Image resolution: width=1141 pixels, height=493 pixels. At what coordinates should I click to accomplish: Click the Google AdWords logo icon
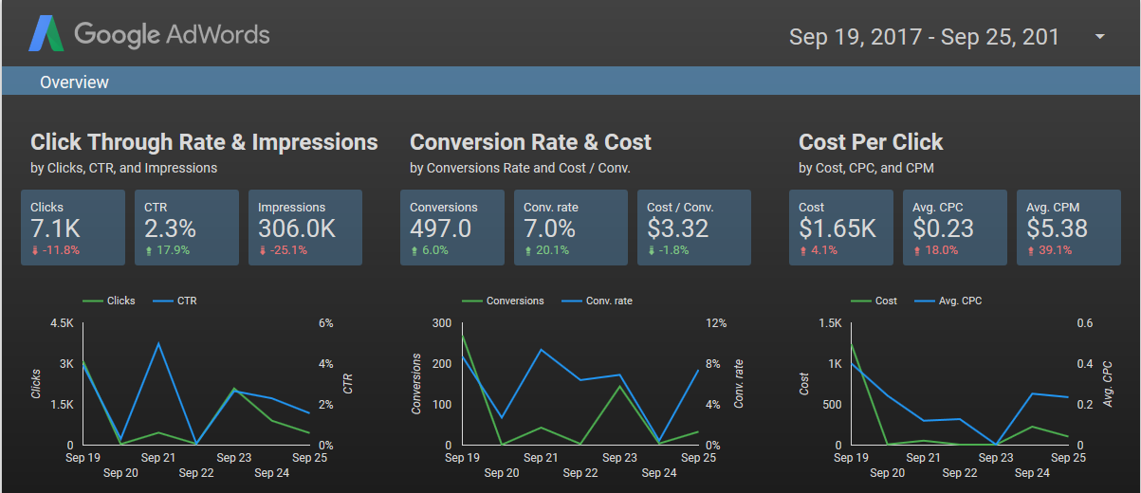click(x=46, y=35)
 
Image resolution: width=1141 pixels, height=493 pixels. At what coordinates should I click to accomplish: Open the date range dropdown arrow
click(x=1100, y=37)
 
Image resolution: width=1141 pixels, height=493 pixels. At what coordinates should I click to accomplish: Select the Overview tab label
click(x=74, y=82)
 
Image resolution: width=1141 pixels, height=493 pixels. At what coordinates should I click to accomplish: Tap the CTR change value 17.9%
click(x=172, y=250)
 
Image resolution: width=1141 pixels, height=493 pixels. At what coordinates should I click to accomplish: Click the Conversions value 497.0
click(x=441, y=228)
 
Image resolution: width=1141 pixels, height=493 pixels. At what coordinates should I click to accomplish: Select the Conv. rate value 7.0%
click(x=550, y=228)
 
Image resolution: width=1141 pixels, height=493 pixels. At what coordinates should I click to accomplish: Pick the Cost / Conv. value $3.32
click(x=678, y=228)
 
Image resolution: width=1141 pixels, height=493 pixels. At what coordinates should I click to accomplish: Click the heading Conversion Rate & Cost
click(x=530, y=142)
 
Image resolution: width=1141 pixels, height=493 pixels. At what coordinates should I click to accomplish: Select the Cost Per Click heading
click(x=871, y=142)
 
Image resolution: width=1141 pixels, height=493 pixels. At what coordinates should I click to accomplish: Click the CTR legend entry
click(x=186, y=301)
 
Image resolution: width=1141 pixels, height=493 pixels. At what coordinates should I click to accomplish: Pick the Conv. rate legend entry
click(x=608, y=301)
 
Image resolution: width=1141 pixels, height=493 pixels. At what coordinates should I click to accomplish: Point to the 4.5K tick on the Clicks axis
click(x=61, y=323)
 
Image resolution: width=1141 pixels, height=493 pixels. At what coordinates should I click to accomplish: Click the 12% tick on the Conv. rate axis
click(x=716, y=323)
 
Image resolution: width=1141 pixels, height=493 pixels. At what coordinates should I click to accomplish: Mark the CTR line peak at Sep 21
click(x=159, y=343)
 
